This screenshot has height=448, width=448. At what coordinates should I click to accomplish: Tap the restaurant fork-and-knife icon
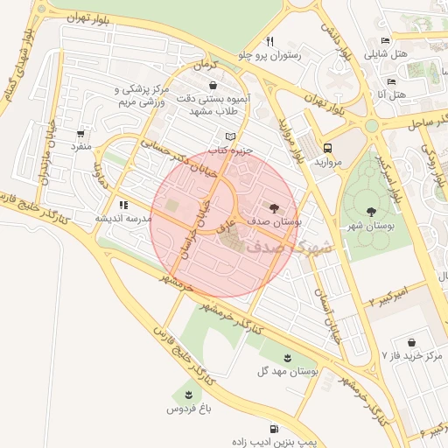(270, 40)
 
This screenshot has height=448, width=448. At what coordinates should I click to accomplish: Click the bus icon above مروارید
(327, 148)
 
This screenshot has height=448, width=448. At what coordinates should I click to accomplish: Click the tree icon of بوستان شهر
(372, 211)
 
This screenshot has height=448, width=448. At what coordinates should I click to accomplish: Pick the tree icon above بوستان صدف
(275, 208)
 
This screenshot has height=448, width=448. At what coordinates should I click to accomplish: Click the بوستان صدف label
(275, 224)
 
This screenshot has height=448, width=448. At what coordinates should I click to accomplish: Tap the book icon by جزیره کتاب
(231, 136)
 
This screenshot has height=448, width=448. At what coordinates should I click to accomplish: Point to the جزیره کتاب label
(231, 150)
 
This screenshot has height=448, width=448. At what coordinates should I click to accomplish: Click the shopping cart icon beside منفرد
(80, 134)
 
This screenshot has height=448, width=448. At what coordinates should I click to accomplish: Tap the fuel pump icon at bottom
(275, 429)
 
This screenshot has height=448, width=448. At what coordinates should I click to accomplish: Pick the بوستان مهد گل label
(289, 371)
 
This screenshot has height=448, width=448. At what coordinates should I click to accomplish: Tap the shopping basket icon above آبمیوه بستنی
(213, 86)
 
